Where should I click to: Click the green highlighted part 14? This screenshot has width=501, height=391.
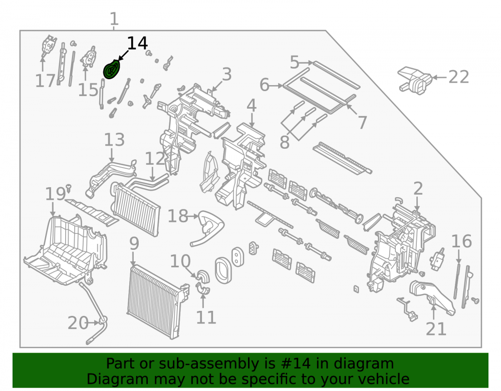click(112, 69)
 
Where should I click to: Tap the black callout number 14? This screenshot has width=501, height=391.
click(137, 43)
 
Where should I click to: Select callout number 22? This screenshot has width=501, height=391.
click(458, 77)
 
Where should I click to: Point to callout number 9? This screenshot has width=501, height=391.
click(134, 244)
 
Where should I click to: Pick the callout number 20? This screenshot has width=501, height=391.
click(78, 323)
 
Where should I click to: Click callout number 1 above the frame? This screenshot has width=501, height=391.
click(114, 19)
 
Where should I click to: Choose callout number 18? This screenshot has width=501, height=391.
click(178, 216)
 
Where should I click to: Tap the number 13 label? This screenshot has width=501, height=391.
click(114, 140)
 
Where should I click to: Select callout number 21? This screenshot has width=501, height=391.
click(436, 329)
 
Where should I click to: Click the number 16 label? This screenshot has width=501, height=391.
click(461, 241)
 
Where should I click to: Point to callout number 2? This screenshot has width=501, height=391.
click(418, 189)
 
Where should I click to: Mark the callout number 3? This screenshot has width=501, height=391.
click(226, 75)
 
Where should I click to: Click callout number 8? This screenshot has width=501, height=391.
click(285, 142)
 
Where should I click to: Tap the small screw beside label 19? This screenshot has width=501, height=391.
click(68, 188)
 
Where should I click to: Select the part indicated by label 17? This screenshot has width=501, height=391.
click(49, 46)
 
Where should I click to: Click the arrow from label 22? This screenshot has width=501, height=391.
click(440, 77)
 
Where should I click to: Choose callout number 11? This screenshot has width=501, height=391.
click(206, 317)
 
